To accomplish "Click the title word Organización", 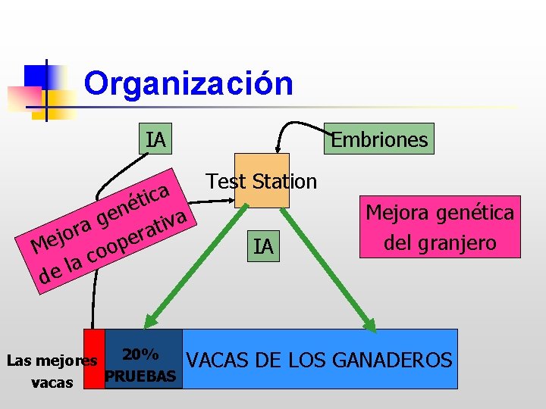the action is click(x=189, y=83).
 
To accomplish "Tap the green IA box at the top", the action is click(x=156, y=139).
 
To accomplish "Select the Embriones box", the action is click(x=379, y=139).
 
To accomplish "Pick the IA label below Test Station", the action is click(x=263, y=247).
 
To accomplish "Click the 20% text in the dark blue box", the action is click(x=140, y=354).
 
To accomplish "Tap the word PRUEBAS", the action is click(x=143, y=376).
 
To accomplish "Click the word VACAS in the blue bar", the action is click(x=215, y=361).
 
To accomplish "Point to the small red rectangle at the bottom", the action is click(x=93, y=359).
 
